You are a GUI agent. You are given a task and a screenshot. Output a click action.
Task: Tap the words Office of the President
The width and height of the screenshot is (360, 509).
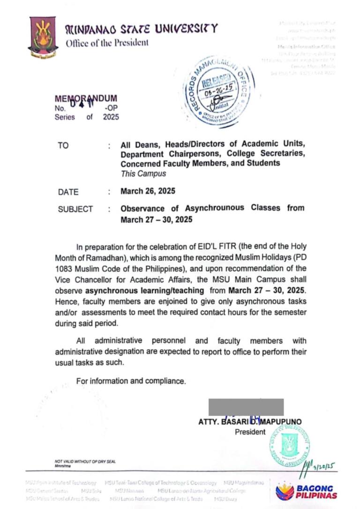pos(107,43)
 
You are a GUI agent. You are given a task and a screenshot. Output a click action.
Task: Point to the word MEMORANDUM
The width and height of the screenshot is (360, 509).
pos(86,99)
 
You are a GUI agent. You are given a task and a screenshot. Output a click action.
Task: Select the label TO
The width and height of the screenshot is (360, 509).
pos(63,145)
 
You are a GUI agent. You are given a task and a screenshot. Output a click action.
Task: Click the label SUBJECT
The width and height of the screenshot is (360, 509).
pos(75,209)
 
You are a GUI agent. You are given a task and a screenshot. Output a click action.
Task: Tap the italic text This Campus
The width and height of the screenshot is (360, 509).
pos(143,173)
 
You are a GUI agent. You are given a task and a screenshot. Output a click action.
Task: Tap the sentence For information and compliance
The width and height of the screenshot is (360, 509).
pos(131,381)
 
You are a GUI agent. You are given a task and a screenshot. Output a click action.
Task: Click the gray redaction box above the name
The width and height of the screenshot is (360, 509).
pos(246,407)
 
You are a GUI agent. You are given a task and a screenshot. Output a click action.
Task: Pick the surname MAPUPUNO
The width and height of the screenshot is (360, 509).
pos(280,422)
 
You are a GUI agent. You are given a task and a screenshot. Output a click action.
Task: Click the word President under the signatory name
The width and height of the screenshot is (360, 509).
pos(250,432)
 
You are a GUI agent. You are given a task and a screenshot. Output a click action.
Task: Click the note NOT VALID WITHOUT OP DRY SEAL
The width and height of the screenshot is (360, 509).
pos(85,462)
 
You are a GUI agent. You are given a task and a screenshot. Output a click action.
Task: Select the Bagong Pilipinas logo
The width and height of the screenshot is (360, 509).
pos(306,491)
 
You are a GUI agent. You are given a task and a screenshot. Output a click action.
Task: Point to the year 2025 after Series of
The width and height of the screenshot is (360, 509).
pos(111,117)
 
